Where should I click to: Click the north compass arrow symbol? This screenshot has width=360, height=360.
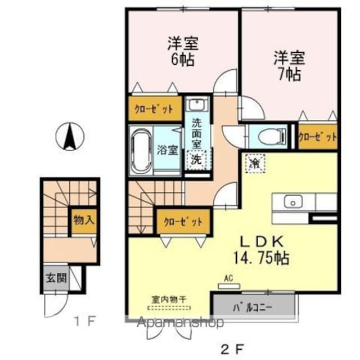coord(70,137)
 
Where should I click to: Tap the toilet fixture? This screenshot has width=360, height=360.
coord(272,136)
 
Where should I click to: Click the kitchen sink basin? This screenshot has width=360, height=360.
coord(293,201)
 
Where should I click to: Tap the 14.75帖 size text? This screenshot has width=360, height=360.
coord(261,258)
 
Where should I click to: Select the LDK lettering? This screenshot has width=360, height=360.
coord(261,241)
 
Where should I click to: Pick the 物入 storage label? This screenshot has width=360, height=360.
coord(84,220)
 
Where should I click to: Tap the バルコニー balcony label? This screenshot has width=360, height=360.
coord(253,308)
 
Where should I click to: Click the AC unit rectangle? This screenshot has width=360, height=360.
coord(229,286)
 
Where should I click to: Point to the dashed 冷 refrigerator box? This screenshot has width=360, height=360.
coord(255,163)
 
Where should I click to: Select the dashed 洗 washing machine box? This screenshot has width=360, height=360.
coord(196,160)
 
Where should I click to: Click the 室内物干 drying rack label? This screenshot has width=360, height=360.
coord(169,300)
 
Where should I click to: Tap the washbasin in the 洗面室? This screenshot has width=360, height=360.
coord(198,103)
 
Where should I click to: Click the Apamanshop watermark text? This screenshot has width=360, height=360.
coord(180,322)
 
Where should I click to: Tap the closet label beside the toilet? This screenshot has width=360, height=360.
coord(318,137)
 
